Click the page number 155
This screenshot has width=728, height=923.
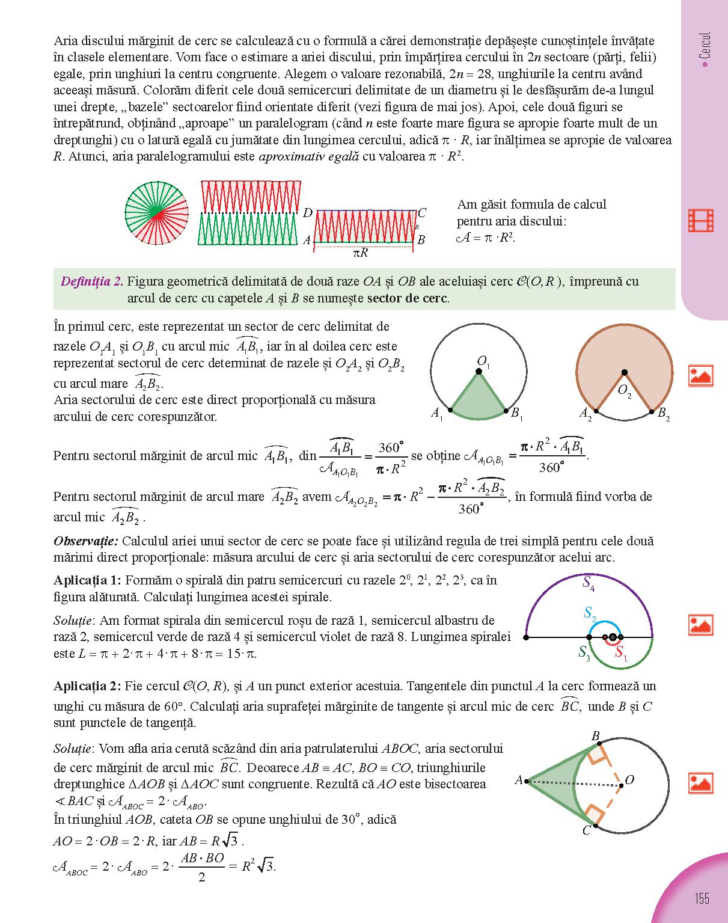tap(702, 898)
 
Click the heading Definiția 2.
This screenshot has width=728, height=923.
tap(92, 281)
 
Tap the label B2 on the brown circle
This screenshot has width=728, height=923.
tap(664, 414)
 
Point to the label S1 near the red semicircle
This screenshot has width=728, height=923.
tap(621, 654)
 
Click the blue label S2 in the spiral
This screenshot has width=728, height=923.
tap(590, 614)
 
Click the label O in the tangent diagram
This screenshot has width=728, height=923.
tap(629, 780)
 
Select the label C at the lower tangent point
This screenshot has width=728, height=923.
tap(586, 831)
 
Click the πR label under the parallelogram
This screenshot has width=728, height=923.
tap(360, 253)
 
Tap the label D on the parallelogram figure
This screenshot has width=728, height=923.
tap(307, 213)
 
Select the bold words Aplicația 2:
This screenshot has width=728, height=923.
tap(87, 686)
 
